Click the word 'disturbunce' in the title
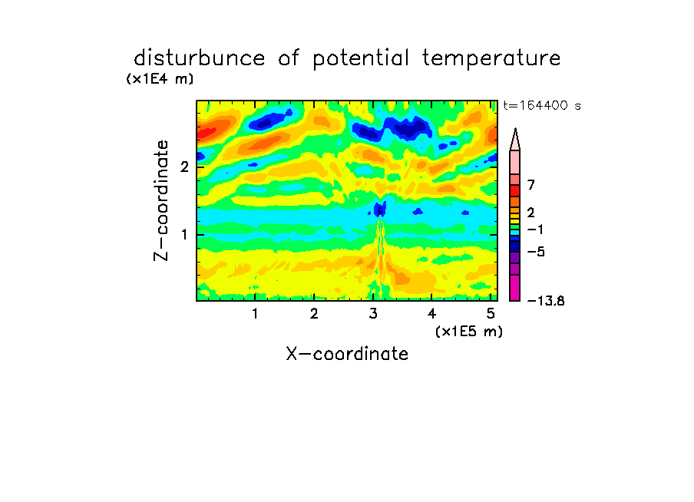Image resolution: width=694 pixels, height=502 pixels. point(200,58)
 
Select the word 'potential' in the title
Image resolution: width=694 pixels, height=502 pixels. point(361,59)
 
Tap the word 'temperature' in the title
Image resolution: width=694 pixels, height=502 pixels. point(491,59)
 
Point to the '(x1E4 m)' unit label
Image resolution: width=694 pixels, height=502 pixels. point(160,79)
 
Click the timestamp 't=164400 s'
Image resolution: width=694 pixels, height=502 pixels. point(542,105)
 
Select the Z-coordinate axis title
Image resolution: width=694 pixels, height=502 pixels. point(161,200)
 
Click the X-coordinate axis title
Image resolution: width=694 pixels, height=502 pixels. point(347,354)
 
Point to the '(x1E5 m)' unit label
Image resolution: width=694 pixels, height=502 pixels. point(469,332)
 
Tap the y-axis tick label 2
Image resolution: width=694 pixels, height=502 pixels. point(184,167)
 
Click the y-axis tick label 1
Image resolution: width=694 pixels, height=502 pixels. point(185,235)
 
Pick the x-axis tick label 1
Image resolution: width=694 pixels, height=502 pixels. point(256,314)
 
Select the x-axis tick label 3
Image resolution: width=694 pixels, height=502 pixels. point(373,314)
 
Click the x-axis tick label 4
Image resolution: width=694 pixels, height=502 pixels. point(431,314)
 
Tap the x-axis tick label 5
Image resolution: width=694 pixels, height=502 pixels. point(491,314)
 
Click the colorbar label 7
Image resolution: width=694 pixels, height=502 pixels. point(531,185)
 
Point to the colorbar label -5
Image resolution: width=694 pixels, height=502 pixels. point(536,252)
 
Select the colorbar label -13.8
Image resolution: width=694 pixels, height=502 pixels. point(546,301)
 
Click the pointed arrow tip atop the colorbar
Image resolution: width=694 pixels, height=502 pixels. point(515,129)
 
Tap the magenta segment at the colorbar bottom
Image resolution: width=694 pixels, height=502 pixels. point(515,288)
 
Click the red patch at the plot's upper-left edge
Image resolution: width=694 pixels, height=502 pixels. point(207,132)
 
